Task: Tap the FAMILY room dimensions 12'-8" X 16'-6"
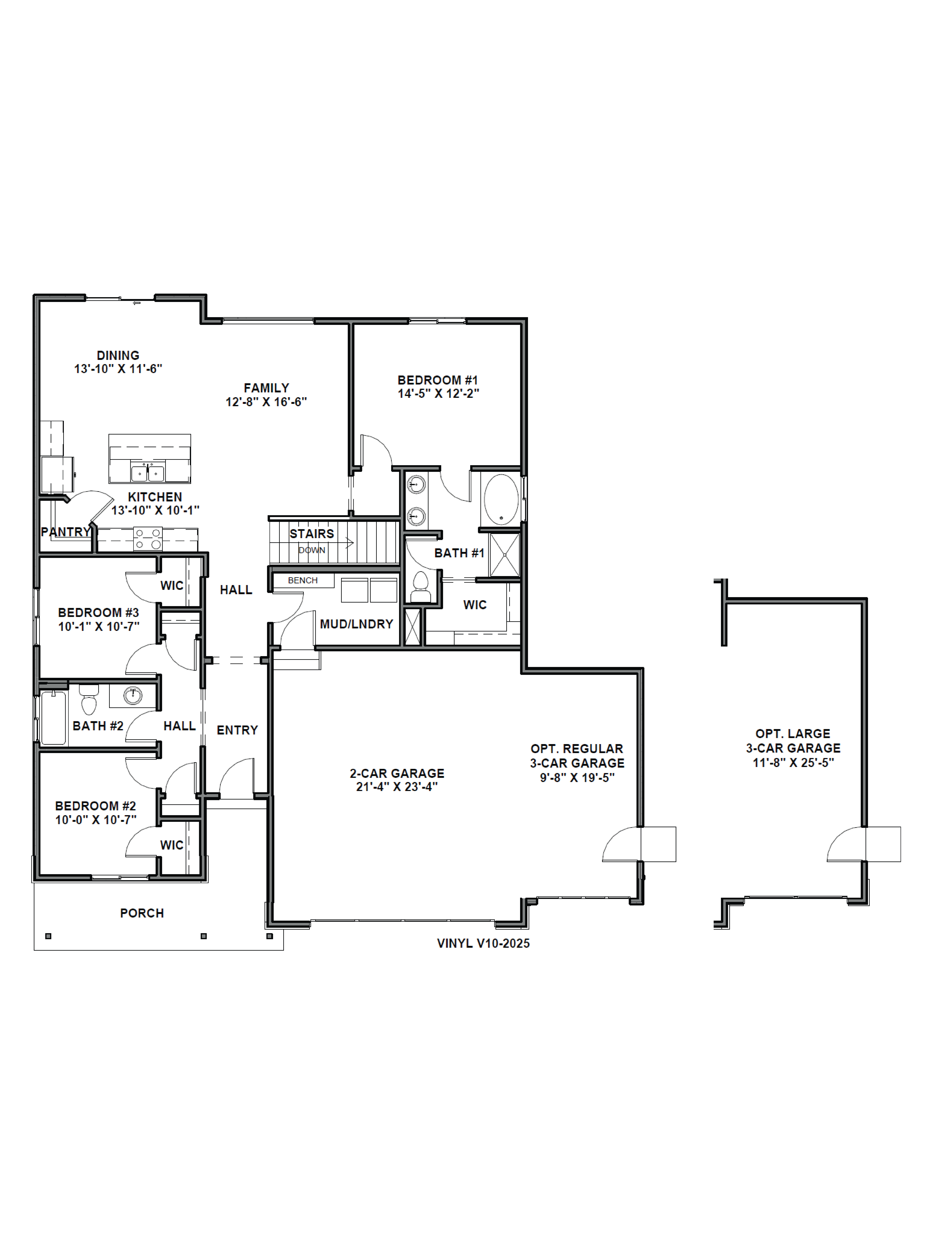266,402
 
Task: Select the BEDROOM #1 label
438,380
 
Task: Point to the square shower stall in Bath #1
505,555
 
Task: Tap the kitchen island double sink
148,473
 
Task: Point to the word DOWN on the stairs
312,550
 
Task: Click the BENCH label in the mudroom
303,580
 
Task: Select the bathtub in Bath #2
53,717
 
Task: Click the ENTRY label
237,730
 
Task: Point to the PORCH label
142,913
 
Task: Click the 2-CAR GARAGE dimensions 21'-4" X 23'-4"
397,786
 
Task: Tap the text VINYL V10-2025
483,943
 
